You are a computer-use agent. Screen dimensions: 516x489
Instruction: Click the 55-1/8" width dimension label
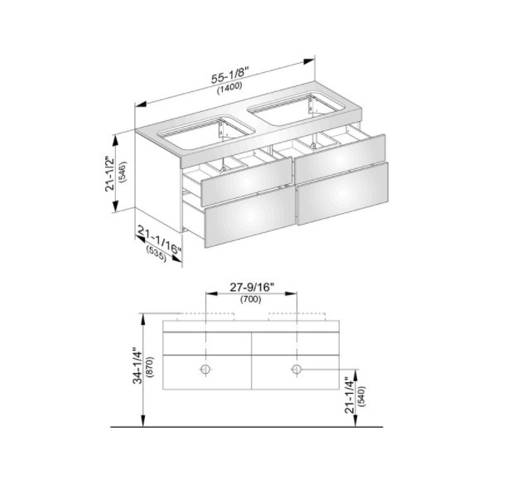click(230, 75)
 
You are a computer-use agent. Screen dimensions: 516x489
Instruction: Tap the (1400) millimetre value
click(229, 88)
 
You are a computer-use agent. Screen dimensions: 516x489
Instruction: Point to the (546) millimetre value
click(123, 172)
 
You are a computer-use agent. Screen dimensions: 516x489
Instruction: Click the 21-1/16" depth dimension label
click(160, 240)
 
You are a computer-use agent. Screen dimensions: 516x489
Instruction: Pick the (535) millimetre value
click(157, 254)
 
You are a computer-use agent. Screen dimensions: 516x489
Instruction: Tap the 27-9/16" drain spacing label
click(252, 288)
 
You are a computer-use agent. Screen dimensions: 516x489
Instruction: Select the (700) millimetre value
click(251, 299)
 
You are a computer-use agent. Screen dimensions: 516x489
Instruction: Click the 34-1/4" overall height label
click(137, 366)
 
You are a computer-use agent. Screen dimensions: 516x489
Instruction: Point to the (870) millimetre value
click(151, 367)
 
